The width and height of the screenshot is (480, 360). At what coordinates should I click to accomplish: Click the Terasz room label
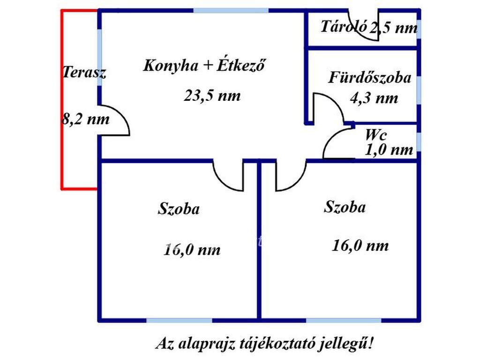[84, 73]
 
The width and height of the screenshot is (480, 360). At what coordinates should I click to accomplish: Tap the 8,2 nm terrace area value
[86, 119]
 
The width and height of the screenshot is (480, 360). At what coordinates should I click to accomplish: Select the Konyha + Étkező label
[204, 65]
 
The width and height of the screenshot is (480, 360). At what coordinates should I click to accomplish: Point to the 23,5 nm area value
[212, 96]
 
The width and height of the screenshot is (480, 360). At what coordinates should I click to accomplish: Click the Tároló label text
[344, 26]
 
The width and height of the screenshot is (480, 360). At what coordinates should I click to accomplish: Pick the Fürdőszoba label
[370, 77]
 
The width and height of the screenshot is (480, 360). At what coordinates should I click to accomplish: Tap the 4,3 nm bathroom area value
[374, 98]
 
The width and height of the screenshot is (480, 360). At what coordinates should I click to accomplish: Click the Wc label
[376, 135]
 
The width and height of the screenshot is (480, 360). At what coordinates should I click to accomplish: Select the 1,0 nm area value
[389, 150]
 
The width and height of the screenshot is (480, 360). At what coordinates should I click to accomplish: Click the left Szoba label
[179, 209]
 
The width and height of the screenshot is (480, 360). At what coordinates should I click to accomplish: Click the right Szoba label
[345, 207]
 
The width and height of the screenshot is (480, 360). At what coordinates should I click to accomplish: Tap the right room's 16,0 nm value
[360, 246]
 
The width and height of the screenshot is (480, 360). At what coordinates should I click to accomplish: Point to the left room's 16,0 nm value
[192, 250]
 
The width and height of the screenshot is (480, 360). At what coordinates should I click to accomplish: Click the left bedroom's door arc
[222, 182]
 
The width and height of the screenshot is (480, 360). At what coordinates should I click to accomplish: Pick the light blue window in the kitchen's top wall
[231, 11]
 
